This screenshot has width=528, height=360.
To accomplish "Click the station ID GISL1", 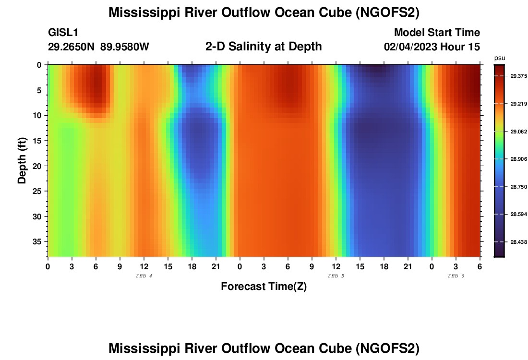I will (63, 33).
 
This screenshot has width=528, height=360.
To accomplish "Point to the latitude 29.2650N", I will (72, 47).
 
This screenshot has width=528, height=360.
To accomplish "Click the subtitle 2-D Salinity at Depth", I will (264, 47).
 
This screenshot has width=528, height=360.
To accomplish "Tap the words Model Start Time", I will (437, 33).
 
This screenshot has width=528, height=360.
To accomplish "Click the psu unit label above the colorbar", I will (500, 58).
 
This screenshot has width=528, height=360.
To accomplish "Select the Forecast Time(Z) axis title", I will (264, 287).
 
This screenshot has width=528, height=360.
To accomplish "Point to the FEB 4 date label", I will (144, 276).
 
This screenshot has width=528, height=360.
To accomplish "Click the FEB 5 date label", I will (336, 276).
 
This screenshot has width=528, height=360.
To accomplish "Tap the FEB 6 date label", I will (456, 276).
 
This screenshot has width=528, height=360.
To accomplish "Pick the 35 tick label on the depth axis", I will (38, 241).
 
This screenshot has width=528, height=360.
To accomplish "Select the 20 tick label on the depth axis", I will (38, 166).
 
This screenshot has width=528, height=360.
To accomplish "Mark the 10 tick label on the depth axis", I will (38, 115).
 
